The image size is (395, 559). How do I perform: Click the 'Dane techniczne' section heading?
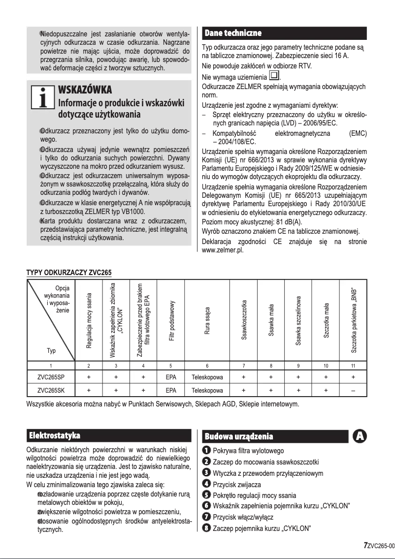pyautogui.click(x=232, y=33)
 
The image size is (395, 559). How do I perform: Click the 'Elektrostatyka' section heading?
pyautogui.click(x=55, y=435)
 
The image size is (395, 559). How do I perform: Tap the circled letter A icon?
pyautogui.click(x=360, y=436)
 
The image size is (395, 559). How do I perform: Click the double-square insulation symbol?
pyautogui.click(x=274, y=77)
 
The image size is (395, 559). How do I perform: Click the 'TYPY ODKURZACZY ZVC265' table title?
pyautogui.click(x=69, y=273)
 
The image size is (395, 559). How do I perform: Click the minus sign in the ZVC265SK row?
pyautogui.click(x=353, y=391)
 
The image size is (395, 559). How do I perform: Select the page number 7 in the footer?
pyautogui.click(x=365, y=545)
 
